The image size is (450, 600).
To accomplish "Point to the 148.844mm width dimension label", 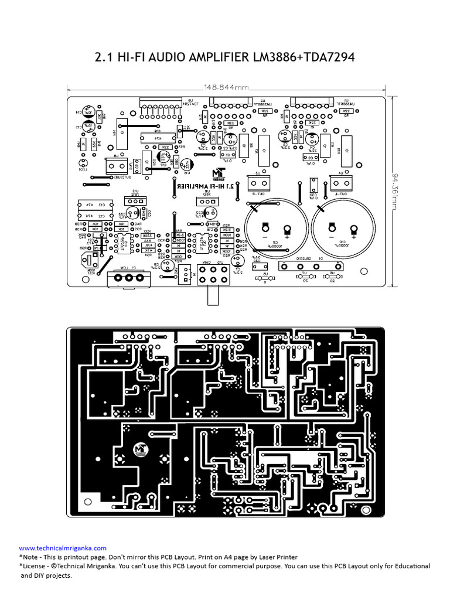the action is pyautogui.click(x=226, y=88).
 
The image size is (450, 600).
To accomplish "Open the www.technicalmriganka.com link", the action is pyautogui.click(x=63, y=548).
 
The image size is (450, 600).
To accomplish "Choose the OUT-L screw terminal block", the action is pyautogui.click(x=339, y=182).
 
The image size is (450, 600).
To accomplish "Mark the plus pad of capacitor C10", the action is pyautogui.click(x=353, y=229).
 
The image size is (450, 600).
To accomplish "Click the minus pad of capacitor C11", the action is pyautogui.click(x=265, y=226).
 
